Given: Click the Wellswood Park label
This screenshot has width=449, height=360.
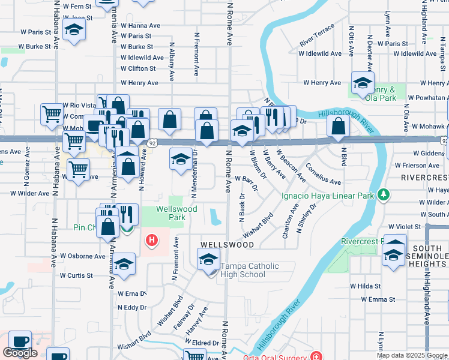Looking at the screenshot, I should pos(170,213).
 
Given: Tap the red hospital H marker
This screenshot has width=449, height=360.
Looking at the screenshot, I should pos(152,241).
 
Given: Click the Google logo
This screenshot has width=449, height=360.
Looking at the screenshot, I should pos(20,353).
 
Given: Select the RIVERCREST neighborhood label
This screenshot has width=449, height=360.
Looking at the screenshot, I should pos(424,178).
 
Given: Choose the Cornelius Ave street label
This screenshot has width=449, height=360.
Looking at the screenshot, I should pos(324,174).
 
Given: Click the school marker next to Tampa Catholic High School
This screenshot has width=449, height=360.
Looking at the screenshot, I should pos(208,259).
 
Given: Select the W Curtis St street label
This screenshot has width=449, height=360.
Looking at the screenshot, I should pos(76,275).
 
